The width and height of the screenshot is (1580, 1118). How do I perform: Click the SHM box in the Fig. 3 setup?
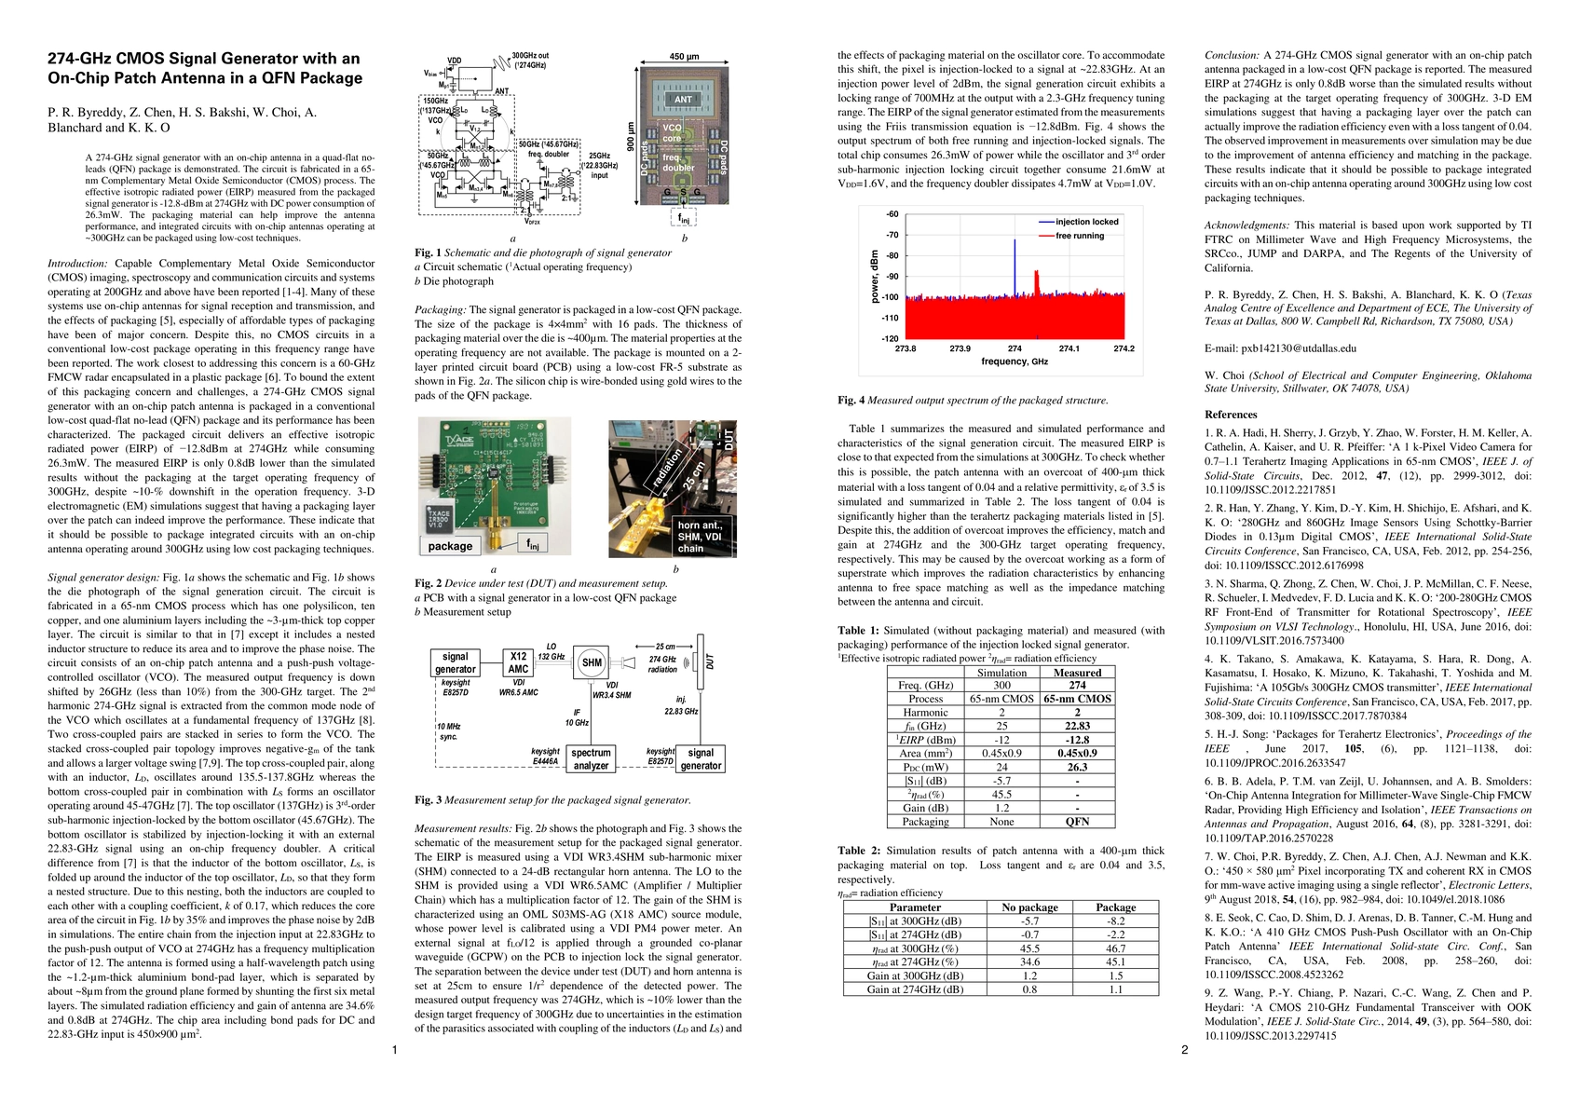click(x=591, y=663)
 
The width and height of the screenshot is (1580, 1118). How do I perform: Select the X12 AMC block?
click(x=519, y=662)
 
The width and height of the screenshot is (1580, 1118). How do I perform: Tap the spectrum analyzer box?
click(x=591, y=758)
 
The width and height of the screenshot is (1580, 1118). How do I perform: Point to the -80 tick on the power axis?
click(x=892, y=256)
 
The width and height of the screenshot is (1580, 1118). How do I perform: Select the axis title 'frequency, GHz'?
click(x=1015, y=361)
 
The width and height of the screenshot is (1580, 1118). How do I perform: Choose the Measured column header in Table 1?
click(x=1077, y=673)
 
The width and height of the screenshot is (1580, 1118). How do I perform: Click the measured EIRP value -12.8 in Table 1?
click(x=1077, y=740)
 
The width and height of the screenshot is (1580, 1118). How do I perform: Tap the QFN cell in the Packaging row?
click(x=1077, y=821)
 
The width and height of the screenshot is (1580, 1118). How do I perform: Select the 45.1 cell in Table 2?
click(x=1115, y=961)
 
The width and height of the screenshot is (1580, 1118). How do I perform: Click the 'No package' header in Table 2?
click(x=1029, y=907)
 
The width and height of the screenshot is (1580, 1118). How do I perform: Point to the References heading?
click(x=1231, y=415)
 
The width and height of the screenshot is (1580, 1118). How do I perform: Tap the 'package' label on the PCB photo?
click(x=450, y=546)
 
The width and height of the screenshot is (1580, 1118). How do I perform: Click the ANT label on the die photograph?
click(x=683, y=100)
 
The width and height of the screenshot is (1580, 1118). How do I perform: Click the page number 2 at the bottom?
click(x=1184, y=1051)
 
